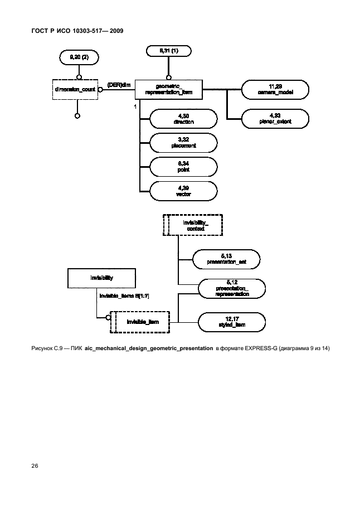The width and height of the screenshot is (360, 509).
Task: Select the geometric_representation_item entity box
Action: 168,88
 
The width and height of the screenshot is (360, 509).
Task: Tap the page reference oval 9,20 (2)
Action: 77,57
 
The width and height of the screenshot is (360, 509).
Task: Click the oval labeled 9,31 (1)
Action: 168,51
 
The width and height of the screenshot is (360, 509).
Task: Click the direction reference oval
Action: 183,118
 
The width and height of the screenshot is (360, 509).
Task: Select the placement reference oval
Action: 183,143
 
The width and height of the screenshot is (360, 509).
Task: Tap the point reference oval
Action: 183,166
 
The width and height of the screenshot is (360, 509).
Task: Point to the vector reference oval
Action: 183,190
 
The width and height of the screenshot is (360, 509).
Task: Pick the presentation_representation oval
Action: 231,288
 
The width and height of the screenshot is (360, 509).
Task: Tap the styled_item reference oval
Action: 231,322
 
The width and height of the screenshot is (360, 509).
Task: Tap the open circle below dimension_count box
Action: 77,116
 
